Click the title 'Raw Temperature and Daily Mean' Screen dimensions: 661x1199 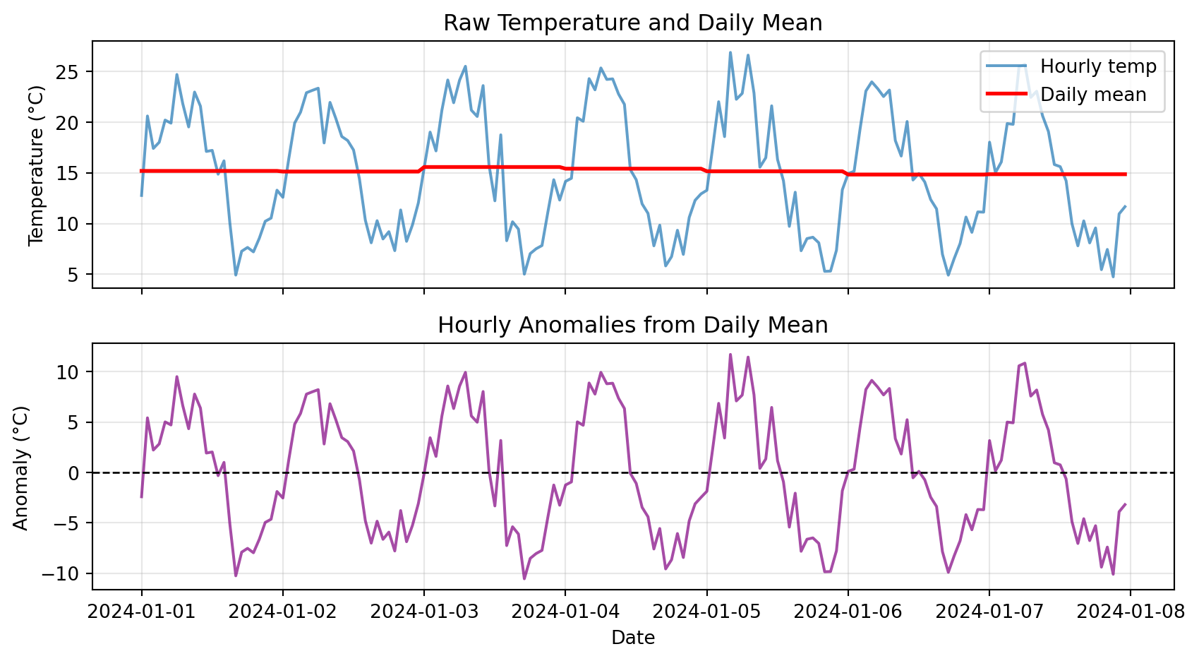(632, 23)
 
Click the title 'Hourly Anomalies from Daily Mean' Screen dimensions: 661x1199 (632, 326)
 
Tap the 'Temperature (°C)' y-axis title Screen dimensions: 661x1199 (37, 165)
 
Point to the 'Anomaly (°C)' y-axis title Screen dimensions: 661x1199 (21, 468)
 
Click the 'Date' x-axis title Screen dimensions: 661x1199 (633, 638)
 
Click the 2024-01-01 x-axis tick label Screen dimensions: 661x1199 (141, 611)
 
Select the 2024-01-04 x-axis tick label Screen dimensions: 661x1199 (565, 611)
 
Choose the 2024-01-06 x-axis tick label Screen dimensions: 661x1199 (848, 611)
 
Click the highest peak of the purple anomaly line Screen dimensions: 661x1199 (730, 355)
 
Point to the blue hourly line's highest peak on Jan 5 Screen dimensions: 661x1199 (730, 52)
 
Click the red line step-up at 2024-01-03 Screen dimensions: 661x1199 (422, 169)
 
